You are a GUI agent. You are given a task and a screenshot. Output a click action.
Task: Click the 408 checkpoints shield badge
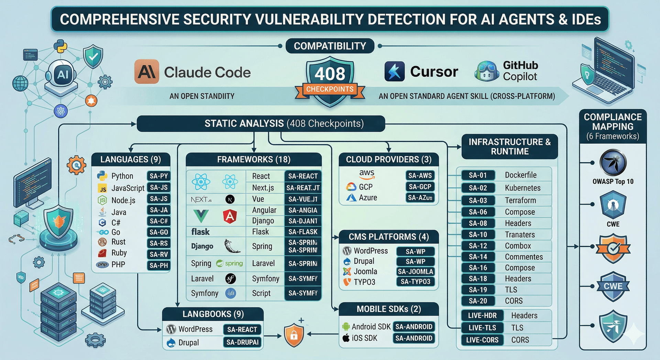coord(330,82)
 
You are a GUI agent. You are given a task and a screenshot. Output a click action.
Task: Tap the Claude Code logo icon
coord(147,72)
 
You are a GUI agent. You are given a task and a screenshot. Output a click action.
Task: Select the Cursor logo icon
coord(394,72)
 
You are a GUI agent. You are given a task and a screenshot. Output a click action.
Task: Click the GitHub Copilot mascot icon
coord(486,71)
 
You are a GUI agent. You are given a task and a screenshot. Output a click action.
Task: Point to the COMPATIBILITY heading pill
coord(330,46)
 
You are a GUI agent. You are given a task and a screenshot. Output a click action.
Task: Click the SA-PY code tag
coord(159,176)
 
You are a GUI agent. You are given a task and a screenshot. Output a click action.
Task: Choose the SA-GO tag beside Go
coord(159,232)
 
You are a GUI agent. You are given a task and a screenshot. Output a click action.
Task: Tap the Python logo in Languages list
coord(102,176)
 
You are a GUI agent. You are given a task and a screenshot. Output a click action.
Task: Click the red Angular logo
coord(230,216)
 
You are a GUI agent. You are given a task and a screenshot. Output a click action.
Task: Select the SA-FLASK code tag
coord(303,232)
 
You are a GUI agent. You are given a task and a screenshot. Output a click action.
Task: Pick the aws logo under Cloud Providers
coord(367,174)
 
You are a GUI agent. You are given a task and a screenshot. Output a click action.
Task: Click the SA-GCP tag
coord(420,187)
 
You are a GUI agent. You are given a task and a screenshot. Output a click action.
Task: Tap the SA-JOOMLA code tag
coord(415,272)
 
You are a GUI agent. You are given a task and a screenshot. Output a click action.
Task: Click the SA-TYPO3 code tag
coord(415,282)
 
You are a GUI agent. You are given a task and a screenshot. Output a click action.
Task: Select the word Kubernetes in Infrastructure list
coord(523,188)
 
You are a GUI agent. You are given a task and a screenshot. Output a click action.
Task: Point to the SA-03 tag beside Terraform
coord(478,200)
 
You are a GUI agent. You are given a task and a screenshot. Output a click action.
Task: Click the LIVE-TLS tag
coord(482,328)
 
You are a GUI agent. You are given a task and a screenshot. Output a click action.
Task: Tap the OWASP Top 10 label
coord(613,182)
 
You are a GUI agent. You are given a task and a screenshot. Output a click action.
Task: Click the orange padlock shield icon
coord(294,335)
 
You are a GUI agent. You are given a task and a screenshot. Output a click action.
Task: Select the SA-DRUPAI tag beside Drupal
coord(242,342)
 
